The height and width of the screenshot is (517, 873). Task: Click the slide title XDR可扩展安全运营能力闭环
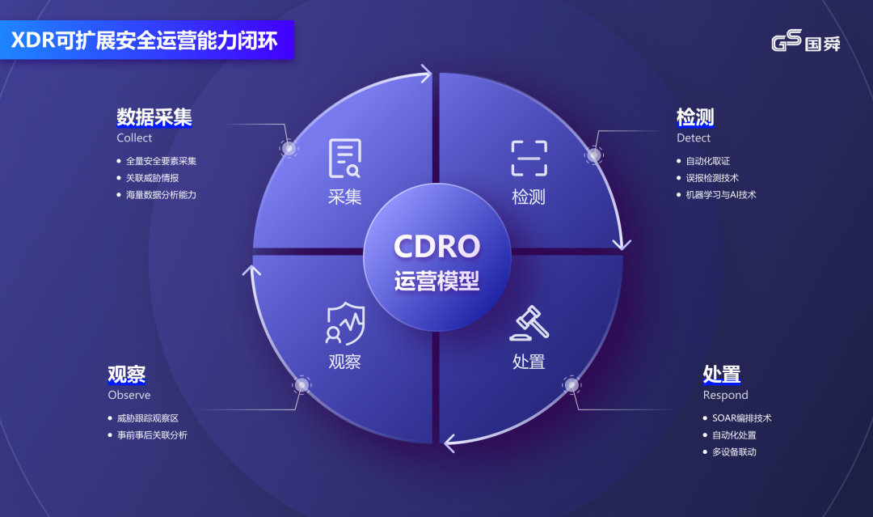(x=144, y=40)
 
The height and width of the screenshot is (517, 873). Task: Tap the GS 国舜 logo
(x=806, y=40)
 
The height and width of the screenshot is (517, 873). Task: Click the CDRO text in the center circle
(x=437, y=246)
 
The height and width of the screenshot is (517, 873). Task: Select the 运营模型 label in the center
(x=437, y=281)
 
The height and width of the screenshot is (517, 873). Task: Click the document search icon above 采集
(x=344, y=159)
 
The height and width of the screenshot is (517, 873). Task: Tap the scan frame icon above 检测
(x=529, y=159)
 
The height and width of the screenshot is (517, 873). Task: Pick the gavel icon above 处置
(x=529, y=323)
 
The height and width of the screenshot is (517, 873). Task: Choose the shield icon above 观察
(x=345, y=324)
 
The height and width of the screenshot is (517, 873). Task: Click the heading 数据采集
(x=154, y=117)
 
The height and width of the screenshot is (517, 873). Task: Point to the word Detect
(x=694, y=138)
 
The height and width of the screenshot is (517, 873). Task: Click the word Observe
(x=129, y=395)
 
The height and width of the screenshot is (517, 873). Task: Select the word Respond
(x=725, y=395)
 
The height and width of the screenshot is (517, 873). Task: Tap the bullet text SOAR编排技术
(x=741, y=417)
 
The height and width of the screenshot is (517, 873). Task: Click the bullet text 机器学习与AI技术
(x=721, y=194)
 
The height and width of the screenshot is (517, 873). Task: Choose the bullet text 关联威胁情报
(x=152, y=178)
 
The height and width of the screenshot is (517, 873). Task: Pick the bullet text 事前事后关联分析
(x=152, y=435)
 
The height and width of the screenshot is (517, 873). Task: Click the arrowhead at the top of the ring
(x=426, y=73)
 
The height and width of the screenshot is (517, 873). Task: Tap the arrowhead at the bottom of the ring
(x=450, y=443)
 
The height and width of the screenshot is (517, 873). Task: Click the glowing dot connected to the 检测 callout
(x=594, y=155)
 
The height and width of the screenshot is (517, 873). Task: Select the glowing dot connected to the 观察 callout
(x=302, y=385)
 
